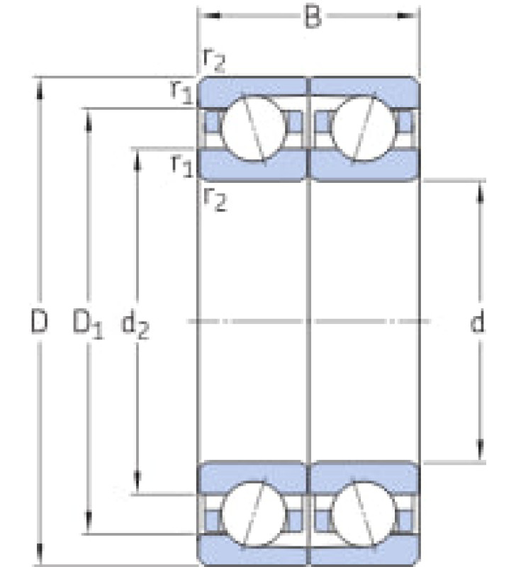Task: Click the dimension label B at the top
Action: coord(313,16)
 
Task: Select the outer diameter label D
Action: coord(39,321)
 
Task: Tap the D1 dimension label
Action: coord(88,323)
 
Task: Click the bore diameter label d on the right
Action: coord(477,322)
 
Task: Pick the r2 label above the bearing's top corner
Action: coord(215,60)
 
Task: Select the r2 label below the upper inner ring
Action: coord(215,199)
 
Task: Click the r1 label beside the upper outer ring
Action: coord(182,91)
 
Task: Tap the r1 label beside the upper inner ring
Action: coord(183,165)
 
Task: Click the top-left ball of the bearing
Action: coord(252,128)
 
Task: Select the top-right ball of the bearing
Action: coord(364,128)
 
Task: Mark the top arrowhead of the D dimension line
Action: coord(40,89)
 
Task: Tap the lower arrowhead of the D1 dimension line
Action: coord(88,522)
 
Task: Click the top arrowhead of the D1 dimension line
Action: coord(88,120)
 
